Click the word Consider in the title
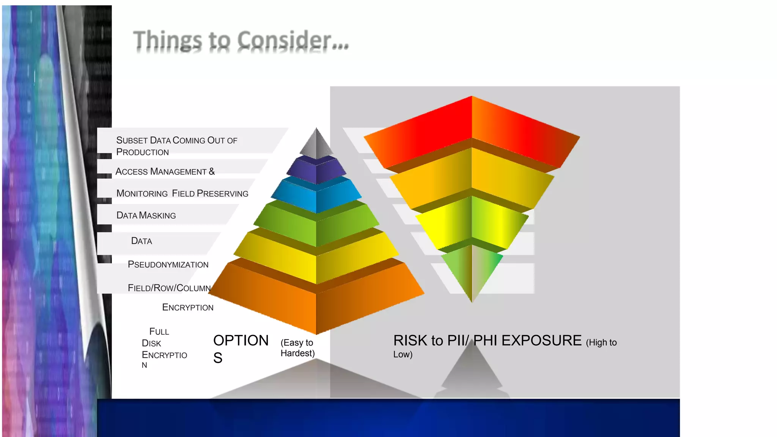(x=285, y=40)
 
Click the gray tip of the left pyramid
(x=316, y=144)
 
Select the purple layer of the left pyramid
(x=316, y=171)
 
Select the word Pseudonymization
(x=168, y=264)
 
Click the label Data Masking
(x=146, y=215)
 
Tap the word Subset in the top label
(x=132, y=140)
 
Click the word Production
(x=142, y=152)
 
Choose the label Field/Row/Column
(x=169, y=288)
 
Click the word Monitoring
(x=142, y=193)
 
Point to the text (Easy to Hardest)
(x=297, y=348)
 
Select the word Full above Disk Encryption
(x=159, y=332)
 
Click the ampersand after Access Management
(x=212, y=171)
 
